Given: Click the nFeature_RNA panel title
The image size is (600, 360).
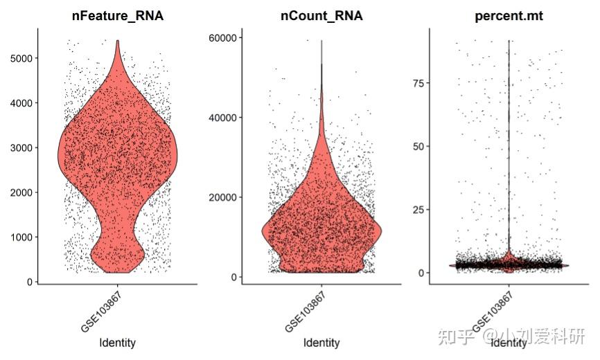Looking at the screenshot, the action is pos(118,16).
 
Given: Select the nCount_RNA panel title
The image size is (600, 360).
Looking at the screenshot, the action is pos(321,16).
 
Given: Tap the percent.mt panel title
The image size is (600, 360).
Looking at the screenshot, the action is pos(509,16).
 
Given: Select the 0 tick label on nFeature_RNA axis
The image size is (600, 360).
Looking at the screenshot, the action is pos(30,282).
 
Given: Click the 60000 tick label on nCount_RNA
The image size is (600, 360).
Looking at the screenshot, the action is pos(223,38).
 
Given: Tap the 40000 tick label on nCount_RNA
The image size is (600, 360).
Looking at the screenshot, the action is pos(223,118).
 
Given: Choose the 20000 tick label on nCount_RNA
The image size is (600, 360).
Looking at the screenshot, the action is pos(223,197).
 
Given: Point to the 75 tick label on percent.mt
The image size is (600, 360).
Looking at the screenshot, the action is pos(418,83).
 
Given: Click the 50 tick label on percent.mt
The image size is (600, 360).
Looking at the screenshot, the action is pos(418,147).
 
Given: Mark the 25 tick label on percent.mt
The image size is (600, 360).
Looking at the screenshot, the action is pos(418,210).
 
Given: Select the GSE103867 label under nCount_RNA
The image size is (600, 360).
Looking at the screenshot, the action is pos(305,312).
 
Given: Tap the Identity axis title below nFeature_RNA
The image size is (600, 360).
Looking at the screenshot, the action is pos(118,343).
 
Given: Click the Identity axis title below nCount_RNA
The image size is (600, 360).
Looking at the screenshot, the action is pos(321,343).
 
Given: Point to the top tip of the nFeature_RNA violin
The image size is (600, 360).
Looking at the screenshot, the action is pos(118,40).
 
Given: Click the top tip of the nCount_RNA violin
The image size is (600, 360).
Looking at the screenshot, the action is pos(321,40).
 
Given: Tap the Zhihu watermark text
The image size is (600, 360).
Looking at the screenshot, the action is pos(511,336).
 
